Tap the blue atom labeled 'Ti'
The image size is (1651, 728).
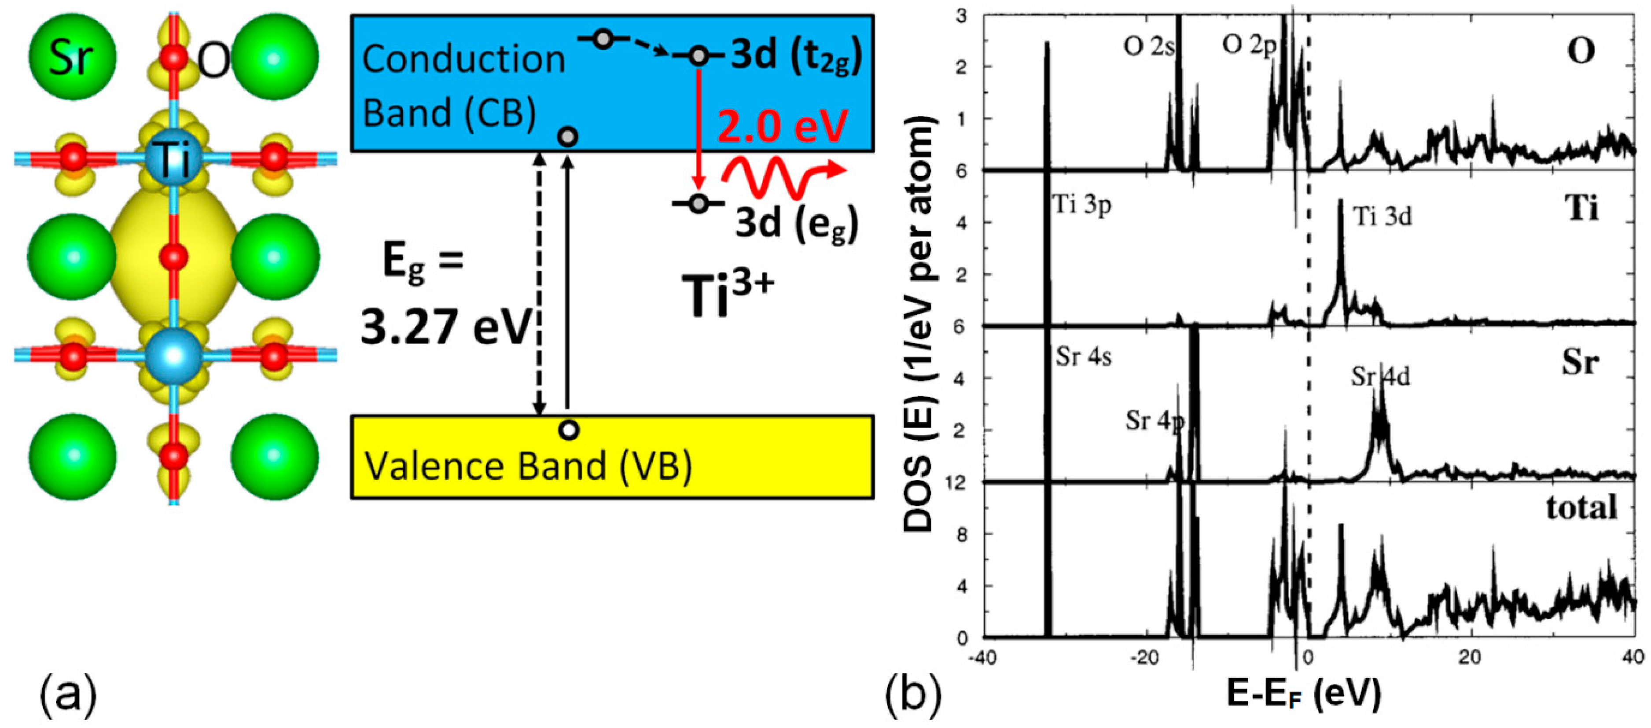[172, 158]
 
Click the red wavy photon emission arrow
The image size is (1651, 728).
[782, 174]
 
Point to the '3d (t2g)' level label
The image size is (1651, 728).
[796, 56]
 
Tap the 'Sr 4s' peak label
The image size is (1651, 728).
[1083, 357]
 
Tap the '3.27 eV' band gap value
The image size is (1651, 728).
[447, 327]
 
